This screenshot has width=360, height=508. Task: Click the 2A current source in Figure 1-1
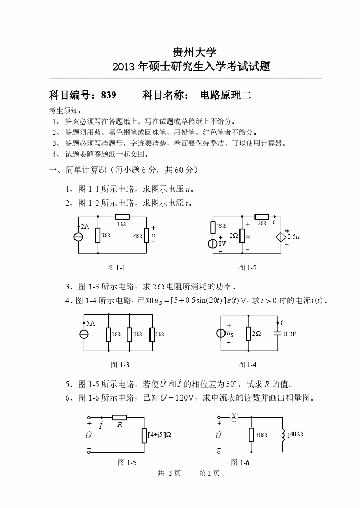point(79,237)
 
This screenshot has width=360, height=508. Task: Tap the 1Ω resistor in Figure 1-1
point(122,217)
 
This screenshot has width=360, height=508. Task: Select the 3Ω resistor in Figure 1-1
point(98,235)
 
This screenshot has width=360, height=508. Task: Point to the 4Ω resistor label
point(138,236)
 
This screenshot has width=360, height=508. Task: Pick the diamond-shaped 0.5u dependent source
point(282,236)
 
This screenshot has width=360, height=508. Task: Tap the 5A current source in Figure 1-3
point(84,334)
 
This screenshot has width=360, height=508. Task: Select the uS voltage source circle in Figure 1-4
point(221,333)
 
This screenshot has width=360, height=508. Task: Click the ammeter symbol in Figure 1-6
point(233,418)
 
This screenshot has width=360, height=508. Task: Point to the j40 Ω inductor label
point(295,434)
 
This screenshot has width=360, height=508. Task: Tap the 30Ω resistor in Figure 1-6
point(251,435)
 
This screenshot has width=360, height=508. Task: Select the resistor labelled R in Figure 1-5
point(119,418)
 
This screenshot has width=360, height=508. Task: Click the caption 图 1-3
point(120,365)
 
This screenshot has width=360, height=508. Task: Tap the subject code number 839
point(109,95)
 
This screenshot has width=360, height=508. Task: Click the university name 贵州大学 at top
point(190,52)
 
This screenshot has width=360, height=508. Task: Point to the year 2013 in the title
point(130,67)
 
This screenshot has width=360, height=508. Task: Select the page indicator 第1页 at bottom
point(209,473)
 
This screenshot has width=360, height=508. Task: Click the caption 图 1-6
point(240,463)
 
